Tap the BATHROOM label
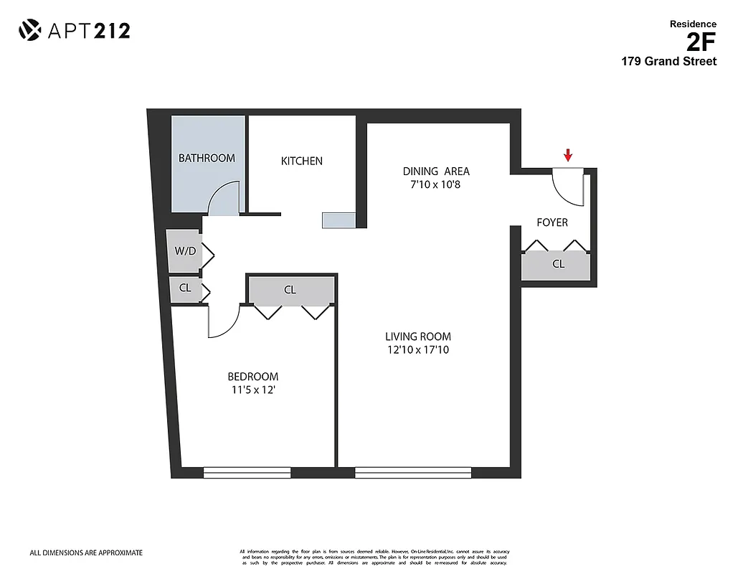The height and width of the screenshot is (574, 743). click(x=207, y=158)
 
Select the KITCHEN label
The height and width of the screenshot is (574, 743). click(x=301, y=161)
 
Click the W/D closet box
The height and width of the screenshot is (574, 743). click(x=184, y=251)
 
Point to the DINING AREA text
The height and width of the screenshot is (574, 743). click(x=436, y=171)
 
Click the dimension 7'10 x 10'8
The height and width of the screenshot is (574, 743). click(x=436, y=184)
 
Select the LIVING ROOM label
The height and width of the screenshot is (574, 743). click(x=418, y=337)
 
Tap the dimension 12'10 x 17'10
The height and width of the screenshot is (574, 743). click(x=418, y=350)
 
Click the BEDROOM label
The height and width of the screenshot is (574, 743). click(x=252, y=377)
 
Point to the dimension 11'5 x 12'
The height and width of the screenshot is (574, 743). click(x=252, y=390)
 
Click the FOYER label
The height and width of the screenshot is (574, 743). click(x=552, y=222)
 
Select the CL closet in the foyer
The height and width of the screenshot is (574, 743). click(x=557, y=265)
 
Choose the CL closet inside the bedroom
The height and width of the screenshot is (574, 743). click(x=290, y=290)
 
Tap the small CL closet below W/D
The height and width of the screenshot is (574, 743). click(x=184, y=288)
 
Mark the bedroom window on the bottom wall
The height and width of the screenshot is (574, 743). click(x=247, y=472)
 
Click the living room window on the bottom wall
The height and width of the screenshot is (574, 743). click(x=413, y=472)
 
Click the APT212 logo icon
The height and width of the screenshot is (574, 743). click(x=29, y=30)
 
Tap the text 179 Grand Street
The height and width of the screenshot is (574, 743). click(x=668, y=62)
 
